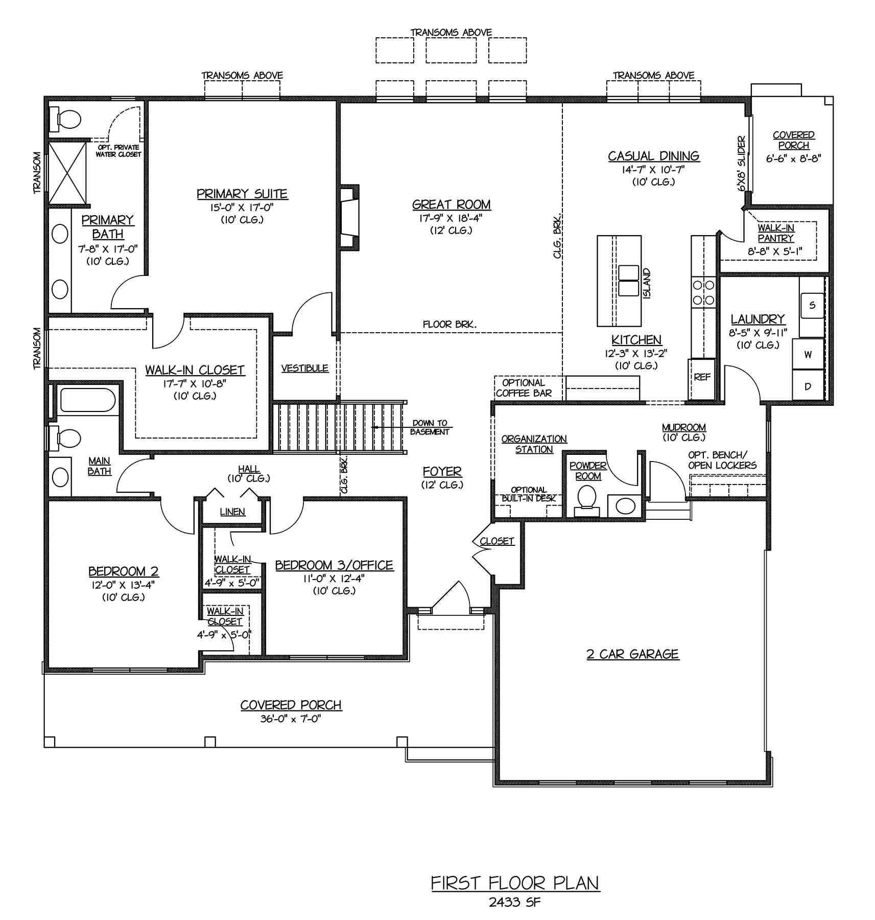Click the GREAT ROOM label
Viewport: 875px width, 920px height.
(x=451, y=204)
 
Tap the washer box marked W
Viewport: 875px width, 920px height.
(x=808, y=354)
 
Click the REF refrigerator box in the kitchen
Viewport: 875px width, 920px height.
(x=702, y=379)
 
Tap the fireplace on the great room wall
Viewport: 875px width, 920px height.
(x=348, y=217)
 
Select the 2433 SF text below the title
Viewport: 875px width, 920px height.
(x=514, y=902)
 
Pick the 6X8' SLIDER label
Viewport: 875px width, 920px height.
(x=742, y=164)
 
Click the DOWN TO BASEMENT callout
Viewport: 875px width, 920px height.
(x=430, y=427)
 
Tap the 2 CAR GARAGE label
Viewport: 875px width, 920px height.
(x=632, y=654)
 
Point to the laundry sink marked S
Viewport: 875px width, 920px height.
(x=812, y=306)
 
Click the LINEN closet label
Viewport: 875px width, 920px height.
(x=232, y=512)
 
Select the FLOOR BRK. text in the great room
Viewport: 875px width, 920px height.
(x=450, y=324)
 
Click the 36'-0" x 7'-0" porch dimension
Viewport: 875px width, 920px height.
(x=291, y=719)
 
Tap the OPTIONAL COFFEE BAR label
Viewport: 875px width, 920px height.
(x=524, y=388)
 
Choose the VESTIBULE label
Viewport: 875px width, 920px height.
(x=305, y=368)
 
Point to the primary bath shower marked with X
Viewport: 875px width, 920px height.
(x=67, y=172)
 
